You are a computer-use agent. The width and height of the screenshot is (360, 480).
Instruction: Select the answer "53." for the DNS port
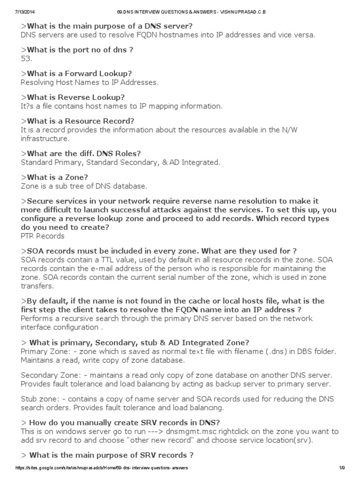[x=26, y=58]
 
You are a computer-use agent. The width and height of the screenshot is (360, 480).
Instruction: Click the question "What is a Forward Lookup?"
[x=76, y=74]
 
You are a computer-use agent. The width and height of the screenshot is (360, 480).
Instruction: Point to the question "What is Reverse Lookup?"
[x=73, y=97]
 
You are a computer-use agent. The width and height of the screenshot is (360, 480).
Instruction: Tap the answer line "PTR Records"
[x=43, y=236]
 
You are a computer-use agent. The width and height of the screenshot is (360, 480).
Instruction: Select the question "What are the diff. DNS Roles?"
[x=81, y=153]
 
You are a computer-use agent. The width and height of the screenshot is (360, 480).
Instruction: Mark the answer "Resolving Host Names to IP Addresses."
[x=90, y=82]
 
